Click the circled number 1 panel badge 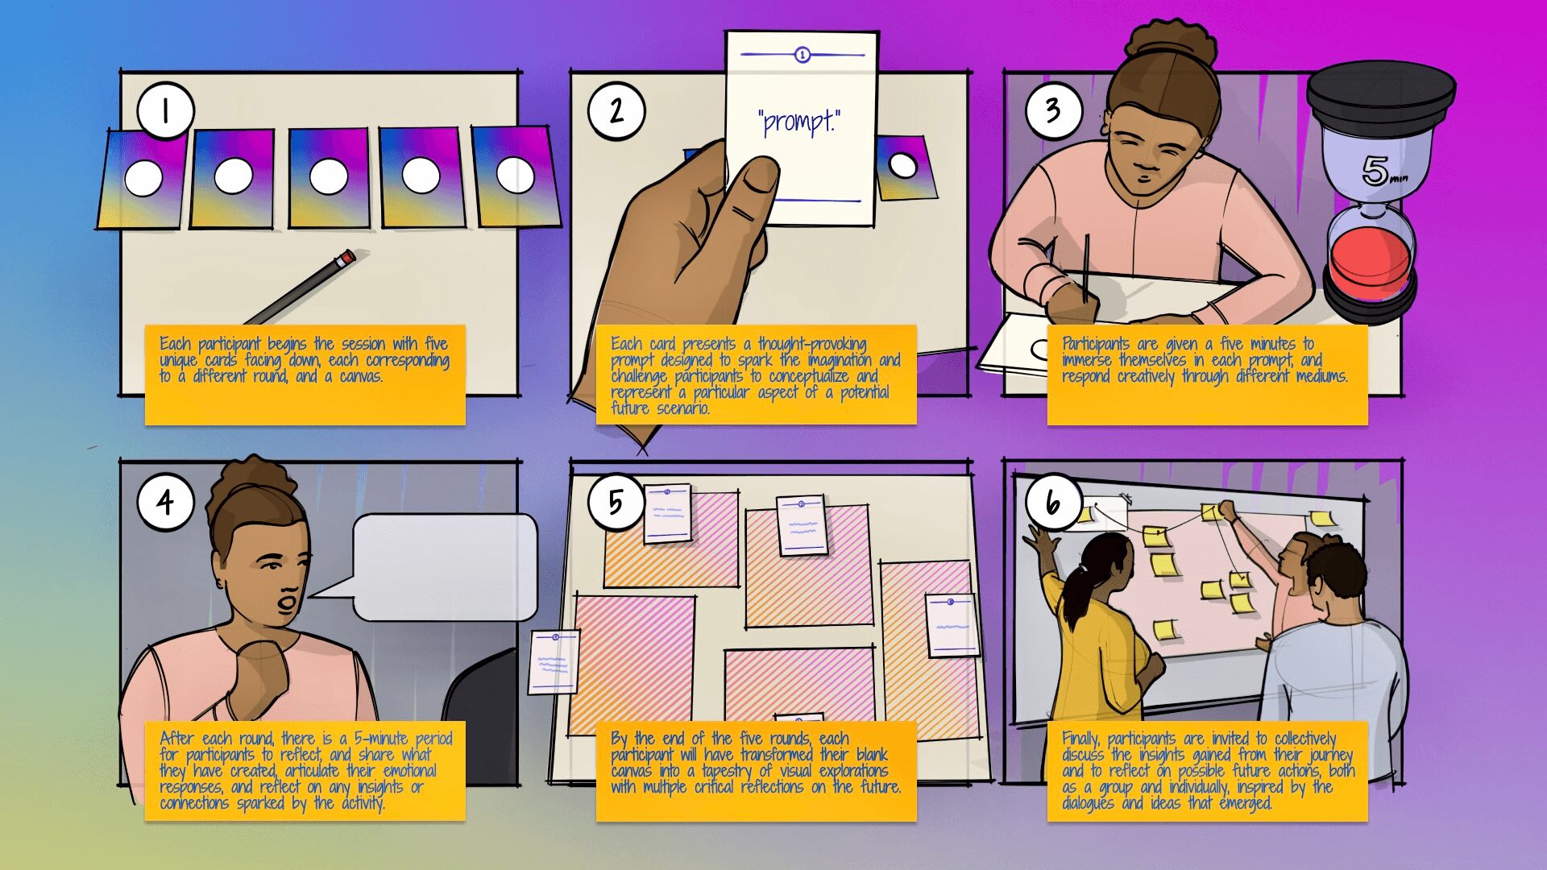165,110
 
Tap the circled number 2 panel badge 616,110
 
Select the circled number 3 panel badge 1054,110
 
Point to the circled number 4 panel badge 165,502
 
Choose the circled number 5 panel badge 616,502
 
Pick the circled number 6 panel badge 1054,502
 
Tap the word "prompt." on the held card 799,122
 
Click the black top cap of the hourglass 1380,89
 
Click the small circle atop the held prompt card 803,55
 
